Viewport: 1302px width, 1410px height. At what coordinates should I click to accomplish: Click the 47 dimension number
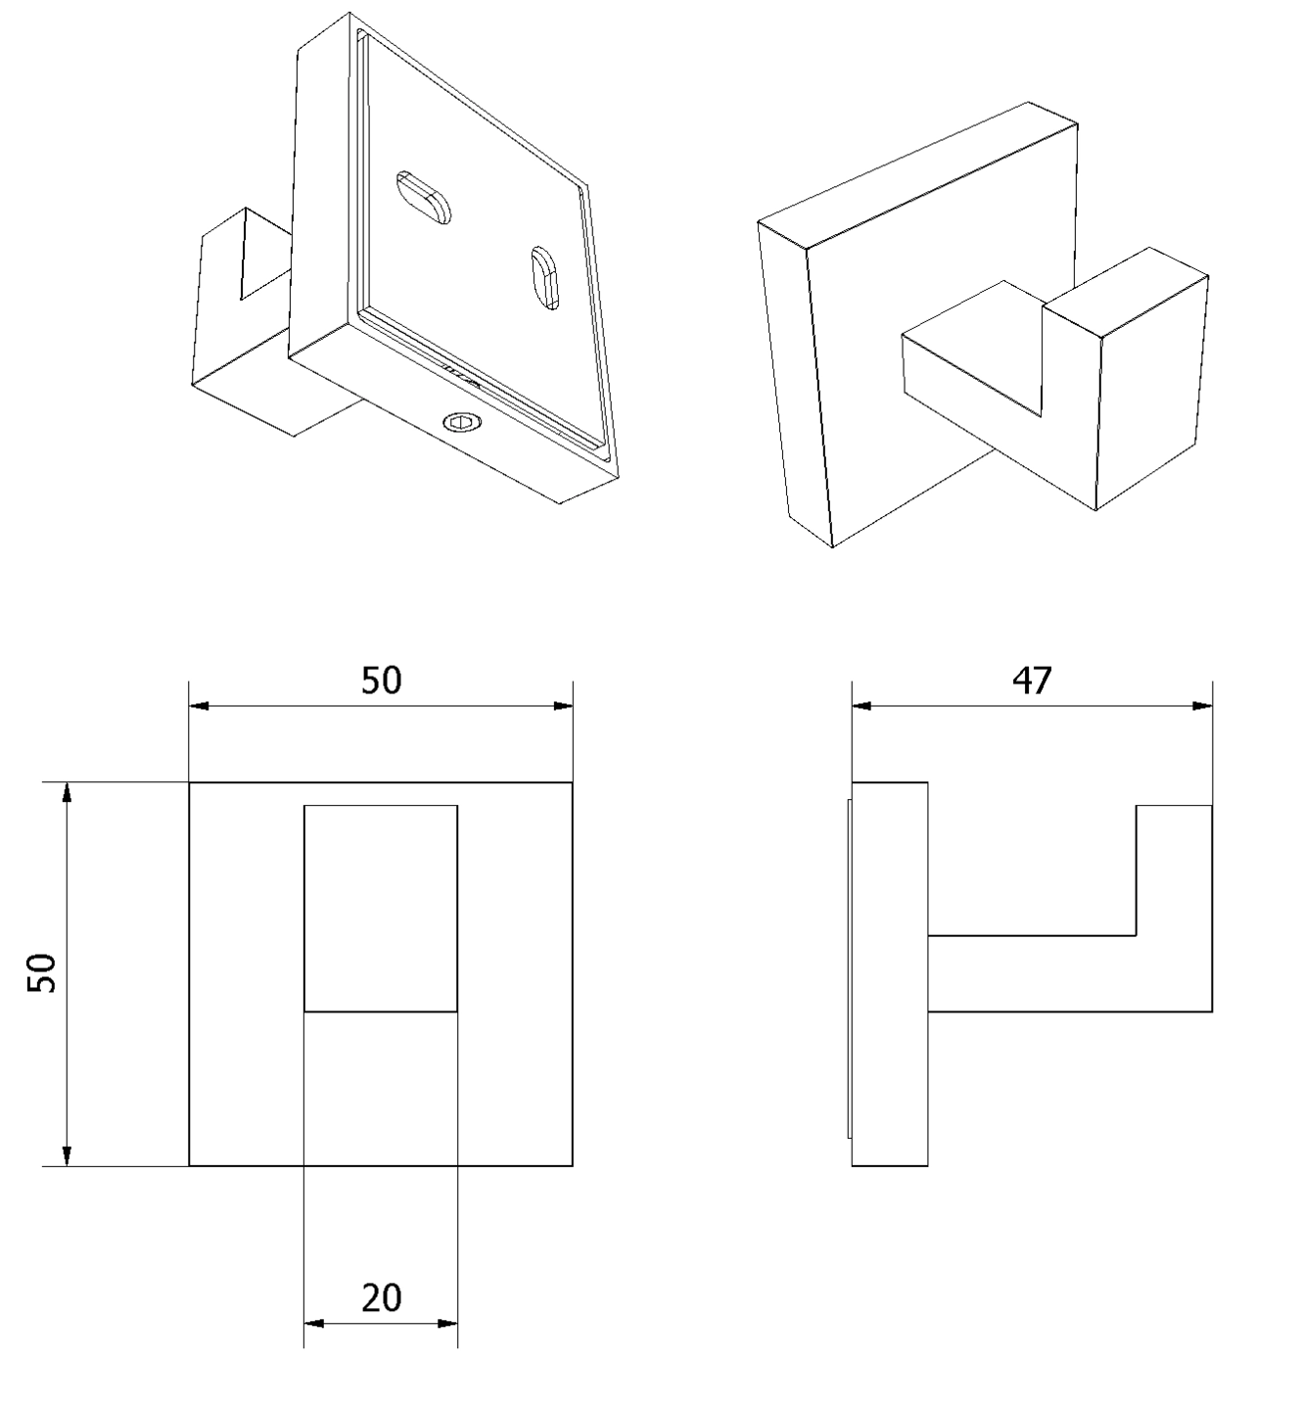pos(1032,681)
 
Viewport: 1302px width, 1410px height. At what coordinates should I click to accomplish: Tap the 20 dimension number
pos(381,1298)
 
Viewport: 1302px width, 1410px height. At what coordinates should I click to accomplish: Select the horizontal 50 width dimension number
pos(381,681)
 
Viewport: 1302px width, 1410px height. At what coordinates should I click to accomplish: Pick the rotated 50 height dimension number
pos(42,972)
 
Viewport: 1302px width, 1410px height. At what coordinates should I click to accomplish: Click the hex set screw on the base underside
pos(461,424)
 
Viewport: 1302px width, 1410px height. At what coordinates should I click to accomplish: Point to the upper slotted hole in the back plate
pos(423,198)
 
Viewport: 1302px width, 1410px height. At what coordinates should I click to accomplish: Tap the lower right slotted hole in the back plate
pos(545,278)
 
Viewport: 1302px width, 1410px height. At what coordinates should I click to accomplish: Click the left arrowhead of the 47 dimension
pos(861,706)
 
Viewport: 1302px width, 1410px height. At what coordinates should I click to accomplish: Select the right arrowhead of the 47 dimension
pos(1202,706)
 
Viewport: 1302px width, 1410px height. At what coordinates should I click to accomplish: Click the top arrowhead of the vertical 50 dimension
pos(67,792)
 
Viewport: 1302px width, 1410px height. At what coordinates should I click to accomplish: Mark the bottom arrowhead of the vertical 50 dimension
pos(67,1155)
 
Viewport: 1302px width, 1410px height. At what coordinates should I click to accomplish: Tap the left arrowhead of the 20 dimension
pos(314,1324)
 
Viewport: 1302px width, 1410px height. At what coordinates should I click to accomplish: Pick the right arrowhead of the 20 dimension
pos(448,1324)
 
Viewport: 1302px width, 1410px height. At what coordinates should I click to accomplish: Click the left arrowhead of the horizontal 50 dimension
pos(199,706)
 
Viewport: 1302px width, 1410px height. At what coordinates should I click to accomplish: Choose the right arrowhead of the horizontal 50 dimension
pos(563,706)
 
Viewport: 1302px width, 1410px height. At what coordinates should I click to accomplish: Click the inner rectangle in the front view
pos(381,908)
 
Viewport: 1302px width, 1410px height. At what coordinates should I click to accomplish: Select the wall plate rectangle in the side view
pos(890,974)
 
